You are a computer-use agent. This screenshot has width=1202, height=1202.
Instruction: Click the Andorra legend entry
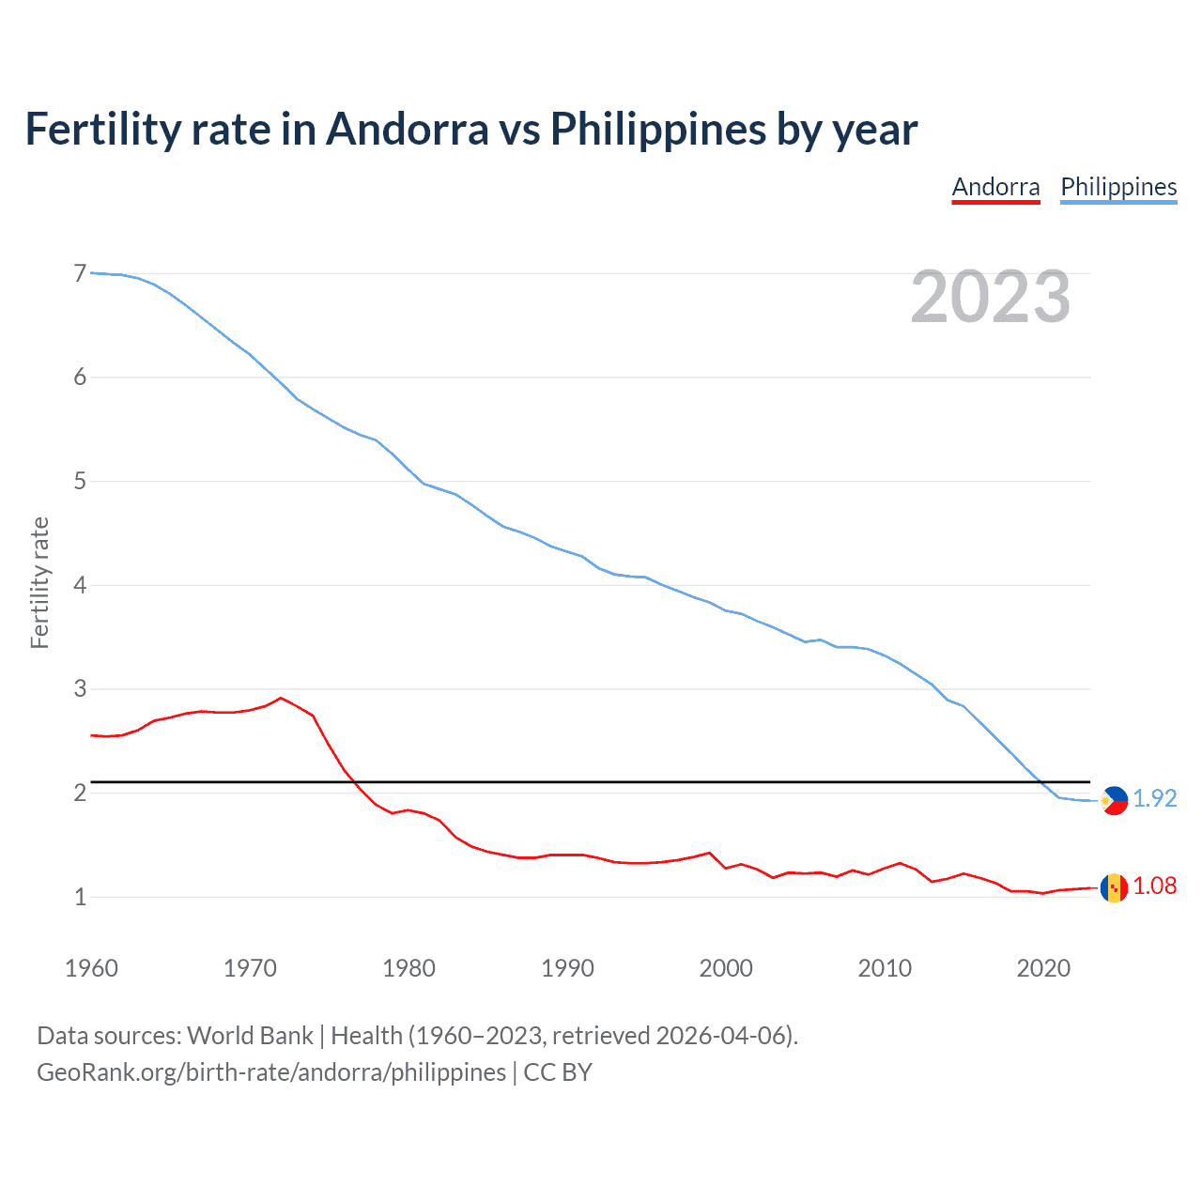click(995, 187)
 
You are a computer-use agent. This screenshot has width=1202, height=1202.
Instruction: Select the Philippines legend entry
click(1118, 187)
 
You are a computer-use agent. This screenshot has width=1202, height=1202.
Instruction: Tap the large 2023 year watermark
click(990, 297)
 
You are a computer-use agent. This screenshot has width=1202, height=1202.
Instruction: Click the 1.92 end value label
click(1154, 798)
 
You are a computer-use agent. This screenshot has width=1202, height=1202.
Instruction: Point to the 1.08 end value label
click(1154, 886)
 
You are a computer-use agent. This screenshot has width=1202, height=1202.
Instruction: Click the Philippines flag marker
click(1114, 800)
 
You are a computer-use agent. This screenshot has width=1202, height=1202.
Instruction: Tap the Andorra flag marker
click(1114, 887)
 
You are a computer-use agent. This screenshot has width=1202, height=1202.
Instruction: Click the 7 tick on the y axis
click(80, 273)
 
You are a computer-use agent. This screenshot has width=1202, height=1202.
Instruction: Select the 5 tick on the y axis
click(80, 482)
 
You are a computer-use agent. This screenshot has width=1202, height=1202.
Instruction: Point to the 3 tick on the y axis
click(80, 689)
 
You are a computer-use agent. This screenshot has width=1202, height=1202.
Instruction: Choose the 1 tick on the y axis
click(80, 897)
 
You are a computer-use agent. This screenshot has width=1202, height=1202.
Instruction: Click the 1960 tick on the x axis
click(91, 968)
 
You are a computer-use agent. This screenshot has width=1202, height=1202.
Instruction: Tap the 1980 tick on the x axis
click(408, 968)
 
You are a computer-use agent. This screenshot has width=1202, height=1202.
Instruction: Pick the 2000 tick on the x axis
click(726, 968)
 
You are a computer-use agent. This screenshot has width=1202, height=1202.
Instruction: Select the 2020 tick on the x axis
click(1043, 968)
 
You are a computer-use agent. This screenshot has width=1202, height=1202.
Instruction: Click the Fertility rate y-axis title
click(39, 582)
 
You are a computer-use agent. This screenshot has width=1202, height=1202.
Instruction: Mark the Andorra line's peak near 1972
click(280, 698)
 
